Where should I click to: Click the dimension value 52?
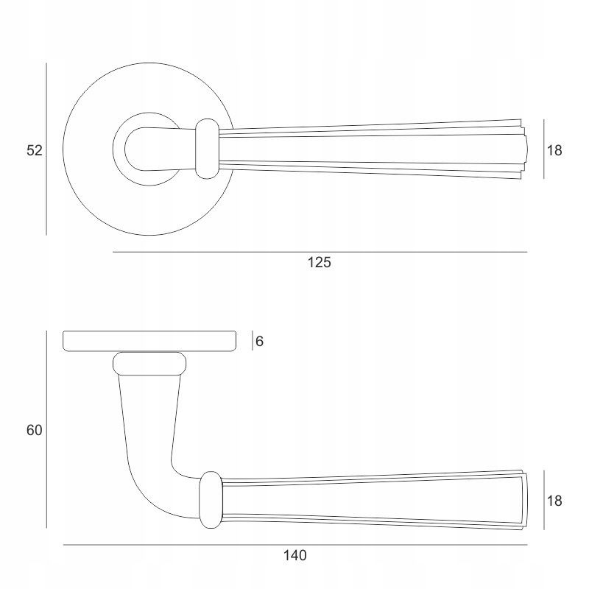click(35, 150)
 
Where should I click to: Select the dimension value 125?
click(320, 263)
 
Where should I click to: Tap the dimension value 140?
click(294, 555)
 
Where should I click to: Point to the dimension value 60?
click(35, 431)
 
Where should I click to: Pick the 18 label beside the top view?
click(554, 150)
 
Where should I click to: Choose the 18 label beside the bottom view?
click(554, 501)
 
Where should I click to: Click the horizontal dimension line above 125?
click(320, 253)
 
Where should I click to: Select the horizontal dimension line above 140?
click(294, 545)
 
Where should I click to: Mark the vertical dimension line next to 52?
click(46, 150)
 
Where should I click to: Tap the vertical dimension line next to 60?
click(46, 431)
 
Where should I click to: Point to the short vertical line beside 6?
click(253, 340)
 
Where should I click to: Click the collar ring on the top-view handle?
click(208, 149)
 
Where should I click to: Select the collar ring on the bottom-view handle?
click(211, 499)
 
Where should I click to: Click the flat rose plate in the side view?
click(150, 341)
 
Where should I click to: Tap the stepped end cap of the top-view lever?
click(525, 149)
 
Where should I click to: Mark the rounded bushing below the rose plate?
click(150, 363)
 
